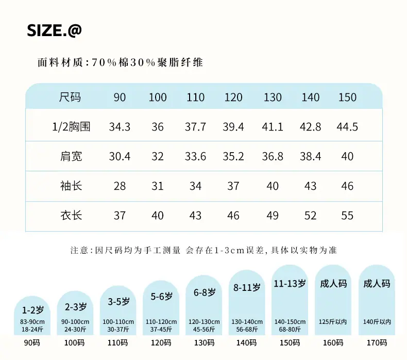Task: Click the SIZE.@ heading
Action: tap(54, 30)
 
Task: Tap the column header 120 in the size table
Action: tap(233, 97)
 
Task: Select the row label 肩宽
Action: tap(71, 156)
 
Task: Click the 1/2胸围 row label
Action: tap(71, 127)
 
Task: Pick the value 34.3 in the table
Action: tap(120, 127)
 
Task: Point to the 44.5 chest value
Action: tap(347, 127)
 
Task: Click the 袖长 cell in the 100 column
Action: tap(157, 186)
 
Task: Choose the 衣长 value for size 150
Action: tap(347, 216)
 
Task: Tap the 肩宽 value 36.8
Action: tap(273, 156)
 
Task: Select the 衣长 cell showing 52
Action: tap(310, 216)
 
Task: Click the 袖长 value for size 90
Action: tap(120, 186)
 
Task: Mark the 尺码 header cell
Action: tap(70, 97)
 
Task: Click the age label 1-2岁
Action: tap(32, 310)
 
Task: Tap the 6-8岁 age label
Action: tap(205, 292)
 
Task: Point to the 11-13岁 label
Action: tap(290, 284)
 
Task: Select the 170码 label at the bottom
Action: tap(377, 343)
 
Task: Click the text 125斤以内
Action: tap(333, 322)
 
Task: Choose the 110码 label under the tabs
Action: tap(117, 343)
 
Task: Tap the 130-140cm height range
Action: tap(247, 322)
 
